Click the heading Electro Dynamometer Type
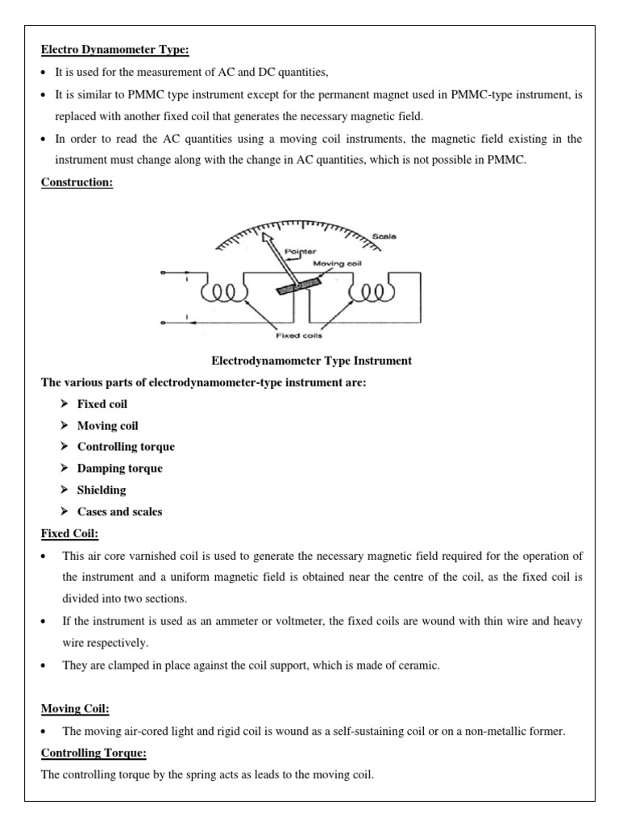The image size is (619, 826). pos(114,50)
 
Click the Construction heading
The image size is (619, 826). pos(77,182)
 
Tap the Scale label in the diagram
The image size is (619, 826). pos(384,236)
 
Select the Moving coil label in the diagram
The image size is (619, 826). pos(330,263)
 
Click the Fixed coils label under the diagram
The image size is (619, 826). pos(300,336)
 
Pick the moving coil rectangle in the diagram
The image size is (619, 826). pos(297,286)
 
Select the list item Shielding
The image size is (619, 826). pos(102,490)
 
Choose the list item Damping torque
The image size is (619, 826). pos(119,468)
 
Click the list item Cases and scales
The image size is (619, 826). pos(119,511)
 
